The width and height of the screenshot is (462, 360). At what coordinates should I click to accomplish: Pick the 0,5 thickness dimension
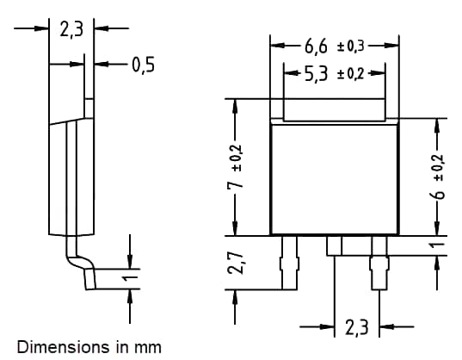click(143, 63)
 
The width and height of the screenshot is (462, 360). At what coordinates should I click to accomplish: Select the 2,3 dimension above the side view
click(71, 28)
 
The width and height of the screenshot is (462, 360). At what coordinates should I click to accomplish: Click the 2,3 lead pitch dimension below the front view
click(356, 327)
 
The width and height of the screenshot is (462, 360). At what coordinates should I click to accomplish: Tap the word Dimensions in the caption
click(52, 347)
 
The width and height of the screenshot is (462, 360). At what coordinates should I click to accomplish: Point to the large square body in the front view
click(336, 178)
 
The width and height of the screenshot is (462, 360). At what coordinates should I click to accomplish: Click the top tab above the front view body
click(335, 109)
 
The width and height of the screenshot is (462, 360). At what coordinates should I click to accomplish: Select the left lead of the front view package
click(290, 263)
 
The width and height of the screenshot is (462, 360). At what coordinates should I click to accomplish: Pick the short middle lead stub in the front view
click(334, 245)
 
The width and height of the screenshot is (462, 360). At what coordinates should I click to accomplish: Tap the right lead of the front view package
click(379, 263)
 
